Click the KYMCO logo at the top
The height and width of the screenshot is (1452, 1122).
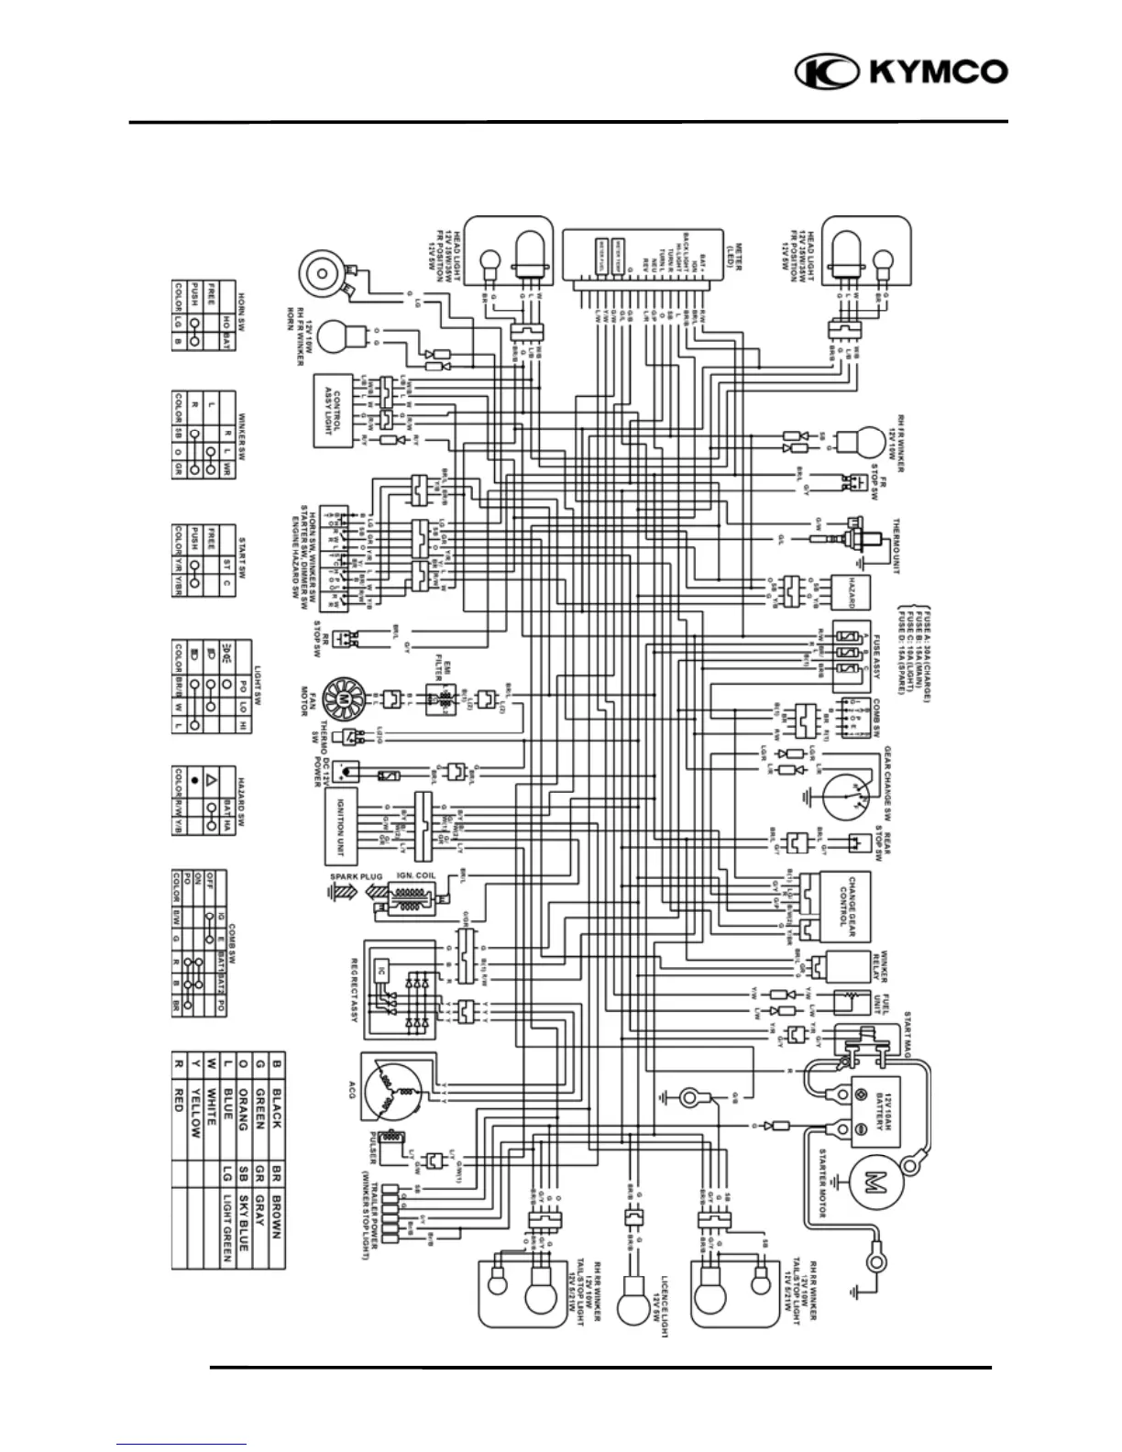(901, 72)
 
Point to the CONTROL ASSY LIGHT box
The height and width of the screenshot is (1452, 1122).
(335, 411)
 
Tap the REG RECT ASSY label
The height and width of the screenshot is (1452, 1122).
(355, 993)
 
